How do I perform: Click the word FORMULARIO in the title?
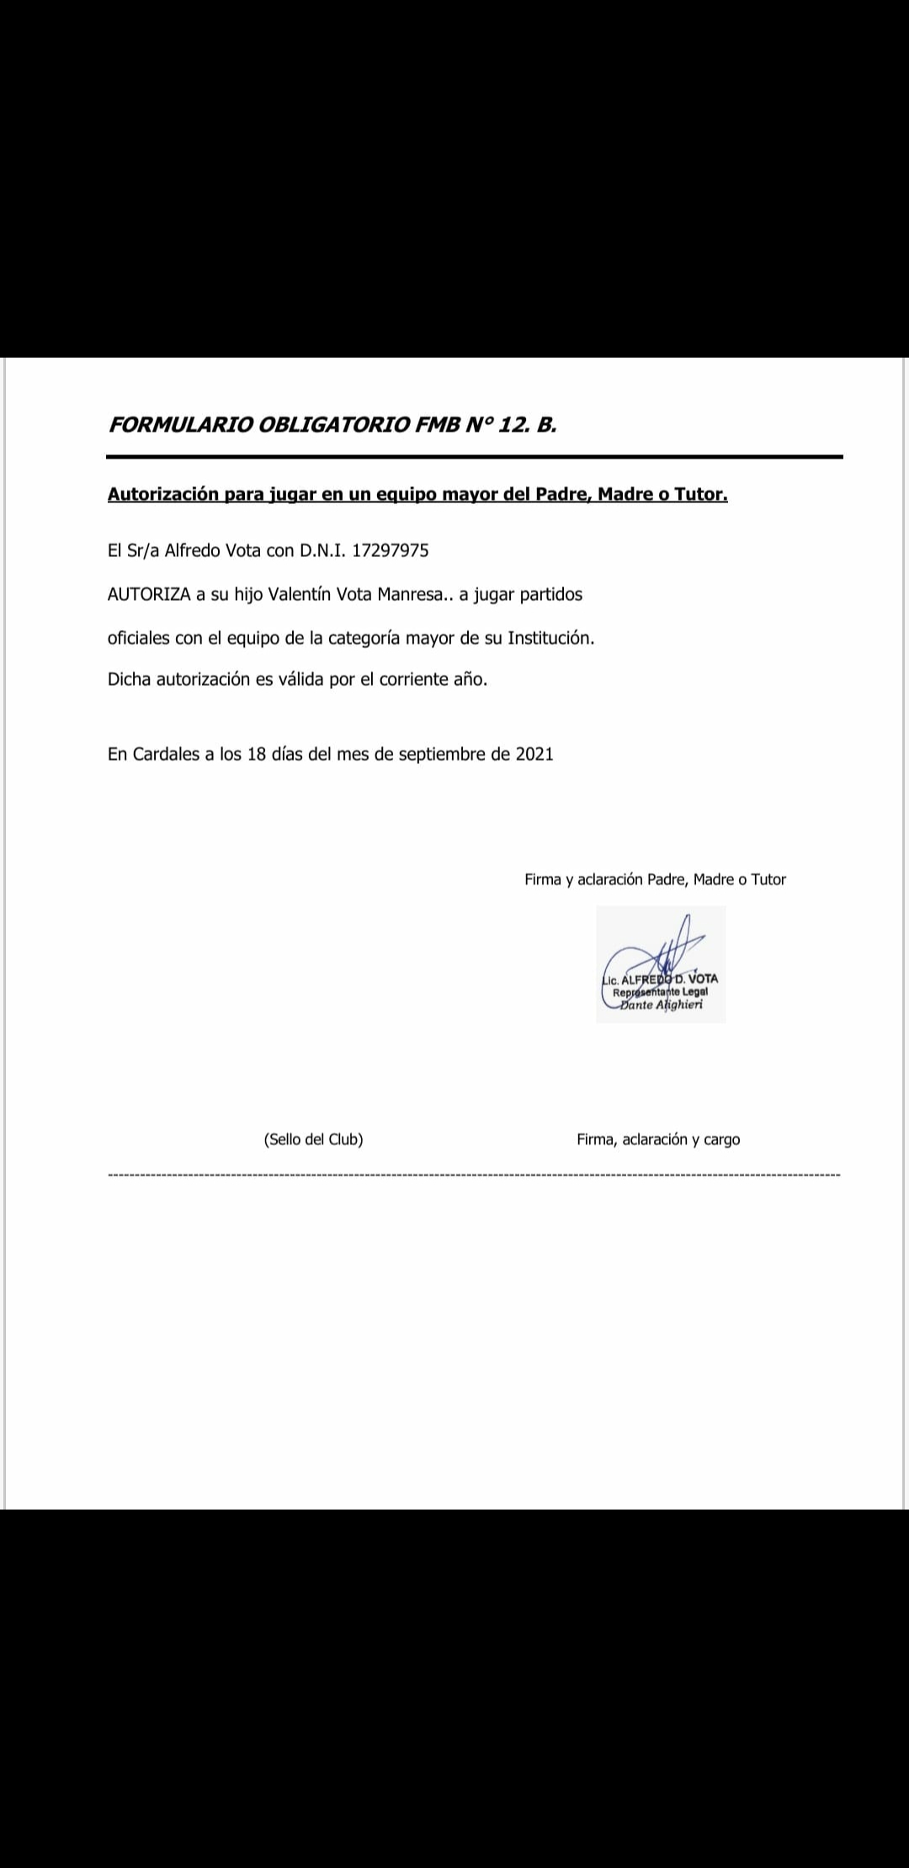(180, 425)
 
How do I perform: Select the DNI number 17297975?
(390, 551)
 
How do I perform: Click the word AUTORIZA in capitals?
(149, 595)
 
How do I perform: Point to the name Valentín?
(299, 595)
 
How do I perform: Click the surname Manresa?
(409, 595)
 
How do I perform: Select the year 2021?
(534, 755)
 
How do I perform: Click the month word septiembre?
(442, 755)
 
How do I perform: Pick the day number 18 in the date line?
(256, 755)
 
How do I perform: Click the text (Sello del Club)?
(313, 1140)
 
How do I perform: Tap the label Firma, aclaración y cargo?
(658, 1140)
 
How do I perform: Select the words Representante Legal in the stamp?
(660, 992)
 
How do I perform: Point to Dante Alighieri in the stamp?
(661, 1005)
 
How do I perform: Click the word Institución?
(550, 639)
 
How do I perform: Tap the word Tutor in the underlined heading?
(700, 495)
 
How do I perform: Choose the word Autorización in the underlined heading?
(162, 495)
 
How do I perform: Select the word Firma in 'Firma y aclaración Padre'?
(543, 880)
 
